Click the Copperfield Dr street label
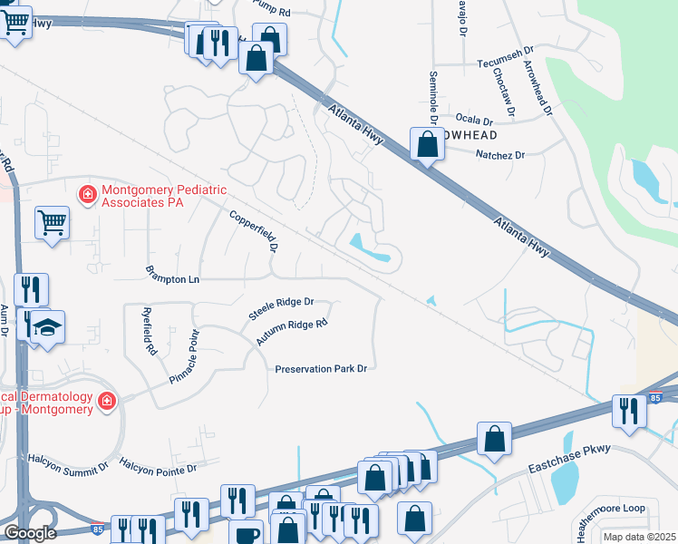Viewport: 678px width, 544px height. (x=253, y=233)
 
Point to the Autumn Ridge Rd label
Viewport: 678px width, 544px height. (x=291, y=333)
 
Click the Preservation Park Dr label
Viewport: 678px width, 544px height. (x=322, y=369)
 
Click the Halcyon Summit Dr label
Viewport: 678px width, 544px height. (x=68, y=463)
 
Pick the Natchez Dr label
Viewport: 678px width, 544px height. (x=500, y=155)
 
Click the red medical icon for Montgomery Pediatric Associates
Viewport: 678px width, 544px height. (x=88, y=194)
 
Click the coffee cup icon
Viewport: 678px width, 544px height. (x=245, y=533)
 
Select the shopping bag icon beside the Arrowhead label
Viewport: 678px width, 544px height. (x=427, y=143)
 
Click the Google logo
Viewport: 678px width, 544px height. (x=30, y=533)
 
